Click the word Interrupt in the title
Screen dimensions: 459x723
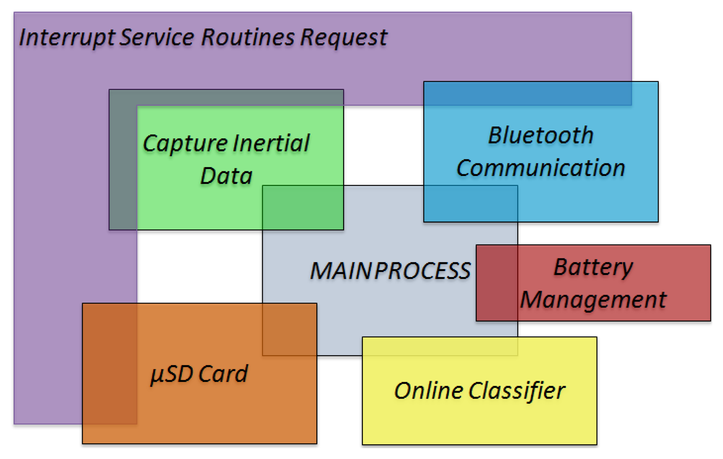point(67,38)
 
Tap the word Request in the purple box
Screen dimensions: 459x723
point(344,38)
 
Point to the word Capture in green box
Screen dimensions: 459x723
point(185,144)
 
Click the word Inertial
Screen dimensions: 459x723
point(271,143)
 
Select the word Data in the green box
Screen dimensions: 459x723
point(226,176)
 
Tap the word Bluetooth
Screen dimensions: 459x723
point(540,135)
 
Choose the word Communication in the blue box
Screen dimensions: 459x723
point(540,168)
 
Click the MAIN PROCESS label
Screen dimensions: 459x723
point(390,271)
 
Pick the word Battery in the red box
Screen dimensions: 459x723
point(593,267)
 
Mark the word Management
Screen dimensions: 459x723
point(593,300)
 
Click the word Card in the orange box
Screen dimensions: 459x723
point(223,374)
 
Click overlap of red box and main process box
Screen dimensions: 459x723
point(497,283)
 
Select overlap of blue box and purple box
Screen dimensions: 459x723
point(527,93)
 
